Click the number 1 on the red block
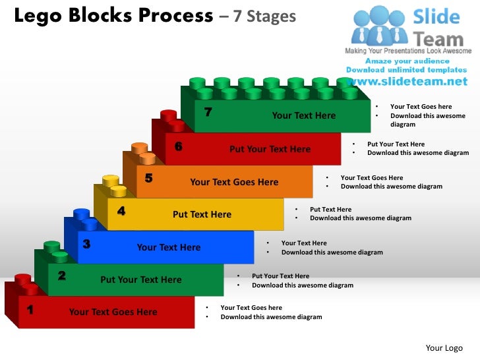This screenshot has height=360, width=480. pos(30,309)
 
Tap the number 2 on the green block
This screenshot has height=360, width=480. pos(61,276)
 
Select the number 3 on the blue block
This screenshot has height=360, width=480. pos(86,244)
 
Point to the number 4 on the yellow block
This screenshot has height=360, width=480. pos(121,211)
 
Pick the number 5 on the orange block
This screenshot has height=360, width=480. pos(149,177)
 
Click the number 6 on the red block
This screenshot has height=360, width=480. pos(178,146)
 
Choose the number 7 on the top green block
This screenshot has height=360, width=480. pos(208,111)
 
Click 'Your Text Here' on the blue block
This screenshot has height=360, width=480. pos(169,248)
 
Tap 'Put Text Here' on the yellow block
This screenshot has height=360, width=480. pos(202,214)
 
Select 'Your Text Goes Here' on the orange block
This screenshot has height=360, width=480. pos(234,183)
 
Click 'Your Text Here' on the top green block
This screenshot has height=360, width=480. pos(304,116)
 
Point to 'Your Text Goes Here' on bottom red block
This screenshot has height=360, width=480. pos(113,313)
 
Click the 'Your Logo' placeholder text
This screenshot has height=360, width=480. pos(444,348)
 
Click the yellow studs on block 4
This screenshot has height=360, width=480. pos(114,185)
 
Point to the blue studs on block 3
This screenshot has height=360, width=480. pos(84,219)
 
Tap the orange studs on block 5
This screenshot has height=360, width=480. pos(143,153)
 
